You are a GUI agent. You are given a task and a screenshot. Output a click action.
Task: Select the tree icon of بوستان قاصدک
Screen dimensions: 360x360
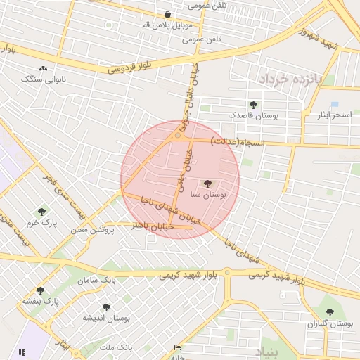pos(253,105)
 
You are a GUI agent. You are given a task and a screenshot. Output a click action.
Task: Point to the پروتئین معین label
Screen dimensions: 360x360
pos(87,229)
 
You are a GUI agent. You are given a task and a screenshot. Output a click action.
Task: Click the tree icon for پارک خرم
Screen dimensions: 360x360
pos(42,210)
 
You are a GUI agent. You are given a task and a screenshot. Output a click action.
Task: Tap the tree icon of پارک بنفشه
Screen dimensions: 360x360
pos(40,290)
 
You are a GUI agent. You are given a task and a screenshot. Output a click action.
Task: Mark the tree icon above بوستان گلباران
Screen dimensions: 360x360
pos(330,312)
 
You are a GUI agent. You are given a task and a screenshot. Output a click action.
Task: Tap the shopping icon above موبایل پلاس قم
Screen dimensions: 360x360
pos(167,14)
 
